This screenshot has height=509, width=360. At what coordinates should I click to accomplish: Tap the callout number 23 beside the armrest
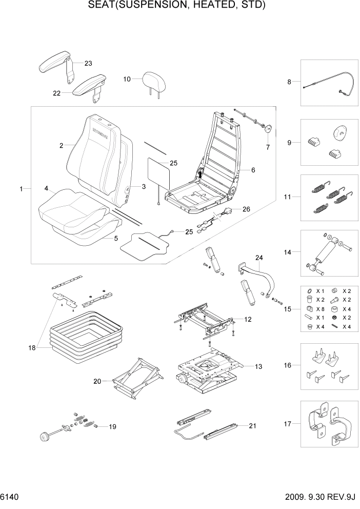point(88,64)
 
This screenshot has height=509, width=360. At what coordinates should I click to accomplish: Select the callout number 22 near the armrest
point(56,93)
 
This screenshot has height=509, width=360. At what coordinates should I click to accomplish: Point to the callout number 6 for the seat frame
point(252,169)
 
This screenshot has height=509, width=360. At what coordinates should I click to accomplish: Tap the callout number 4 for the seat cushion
point(46,189)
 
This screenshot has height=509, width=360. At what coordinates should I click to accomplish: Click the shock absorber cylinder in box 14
point(327,252)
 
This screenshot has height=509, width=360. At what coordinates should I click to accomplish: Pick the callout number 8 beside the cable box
point(289,82)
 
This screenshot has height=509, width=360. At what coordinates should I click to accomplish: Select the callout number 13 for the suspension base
point(258,366)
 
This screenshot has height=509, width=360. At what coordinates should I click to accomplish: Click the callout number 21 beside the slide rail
point(252,426)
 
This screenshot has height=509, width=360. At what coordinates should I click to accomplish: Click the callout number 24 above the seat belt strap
point(258,257)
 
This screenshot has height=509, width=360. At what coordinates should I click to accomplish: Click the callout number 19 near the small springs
point(112,426)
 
